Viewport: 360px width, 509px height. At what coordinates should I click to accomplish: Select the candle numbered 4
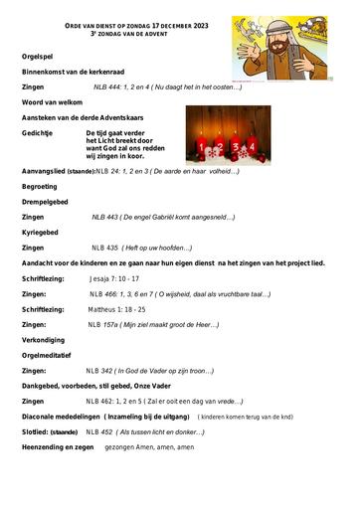coord(236,149)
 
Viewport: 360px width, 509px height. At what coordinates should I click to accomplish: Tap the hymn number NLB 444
coord(105,86)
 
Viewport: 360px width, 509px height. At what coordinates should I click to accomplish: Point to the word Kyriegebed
coord(44,232)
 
